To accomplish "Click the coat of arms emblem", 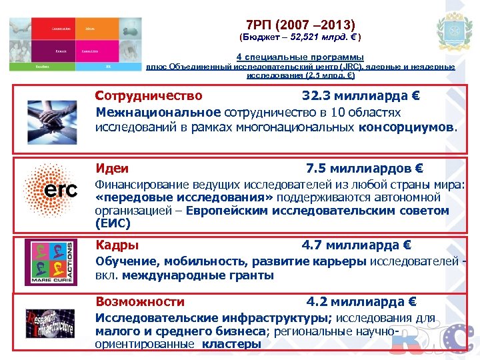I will click(453, 31).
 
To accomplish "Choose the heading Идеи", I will click(112, 169).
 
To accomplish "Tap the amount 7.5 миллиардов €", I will click(364, 169).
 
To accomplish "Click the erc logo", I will click(51, 191).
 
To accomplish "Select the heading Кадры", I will click(117, 244).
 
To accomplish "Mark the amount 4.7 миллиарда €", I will click(357, 245).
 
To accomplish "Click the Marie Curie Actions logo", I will click(51, 262).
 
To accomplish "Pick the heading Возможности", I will click(140, 301).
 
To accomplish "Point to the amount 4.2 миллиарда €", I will click(361, 301).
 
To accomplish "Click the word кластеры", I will click(231, 344).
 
